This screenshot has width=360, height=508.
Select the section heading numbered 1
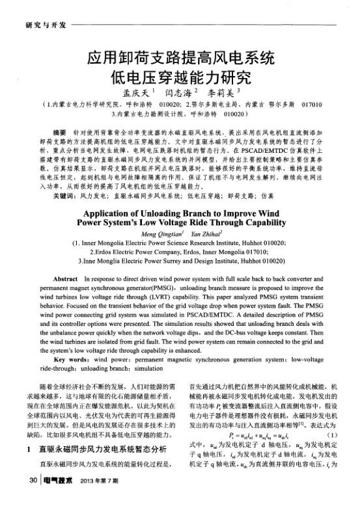95,466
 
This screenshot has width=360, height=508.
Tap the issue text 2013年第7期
100,498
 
